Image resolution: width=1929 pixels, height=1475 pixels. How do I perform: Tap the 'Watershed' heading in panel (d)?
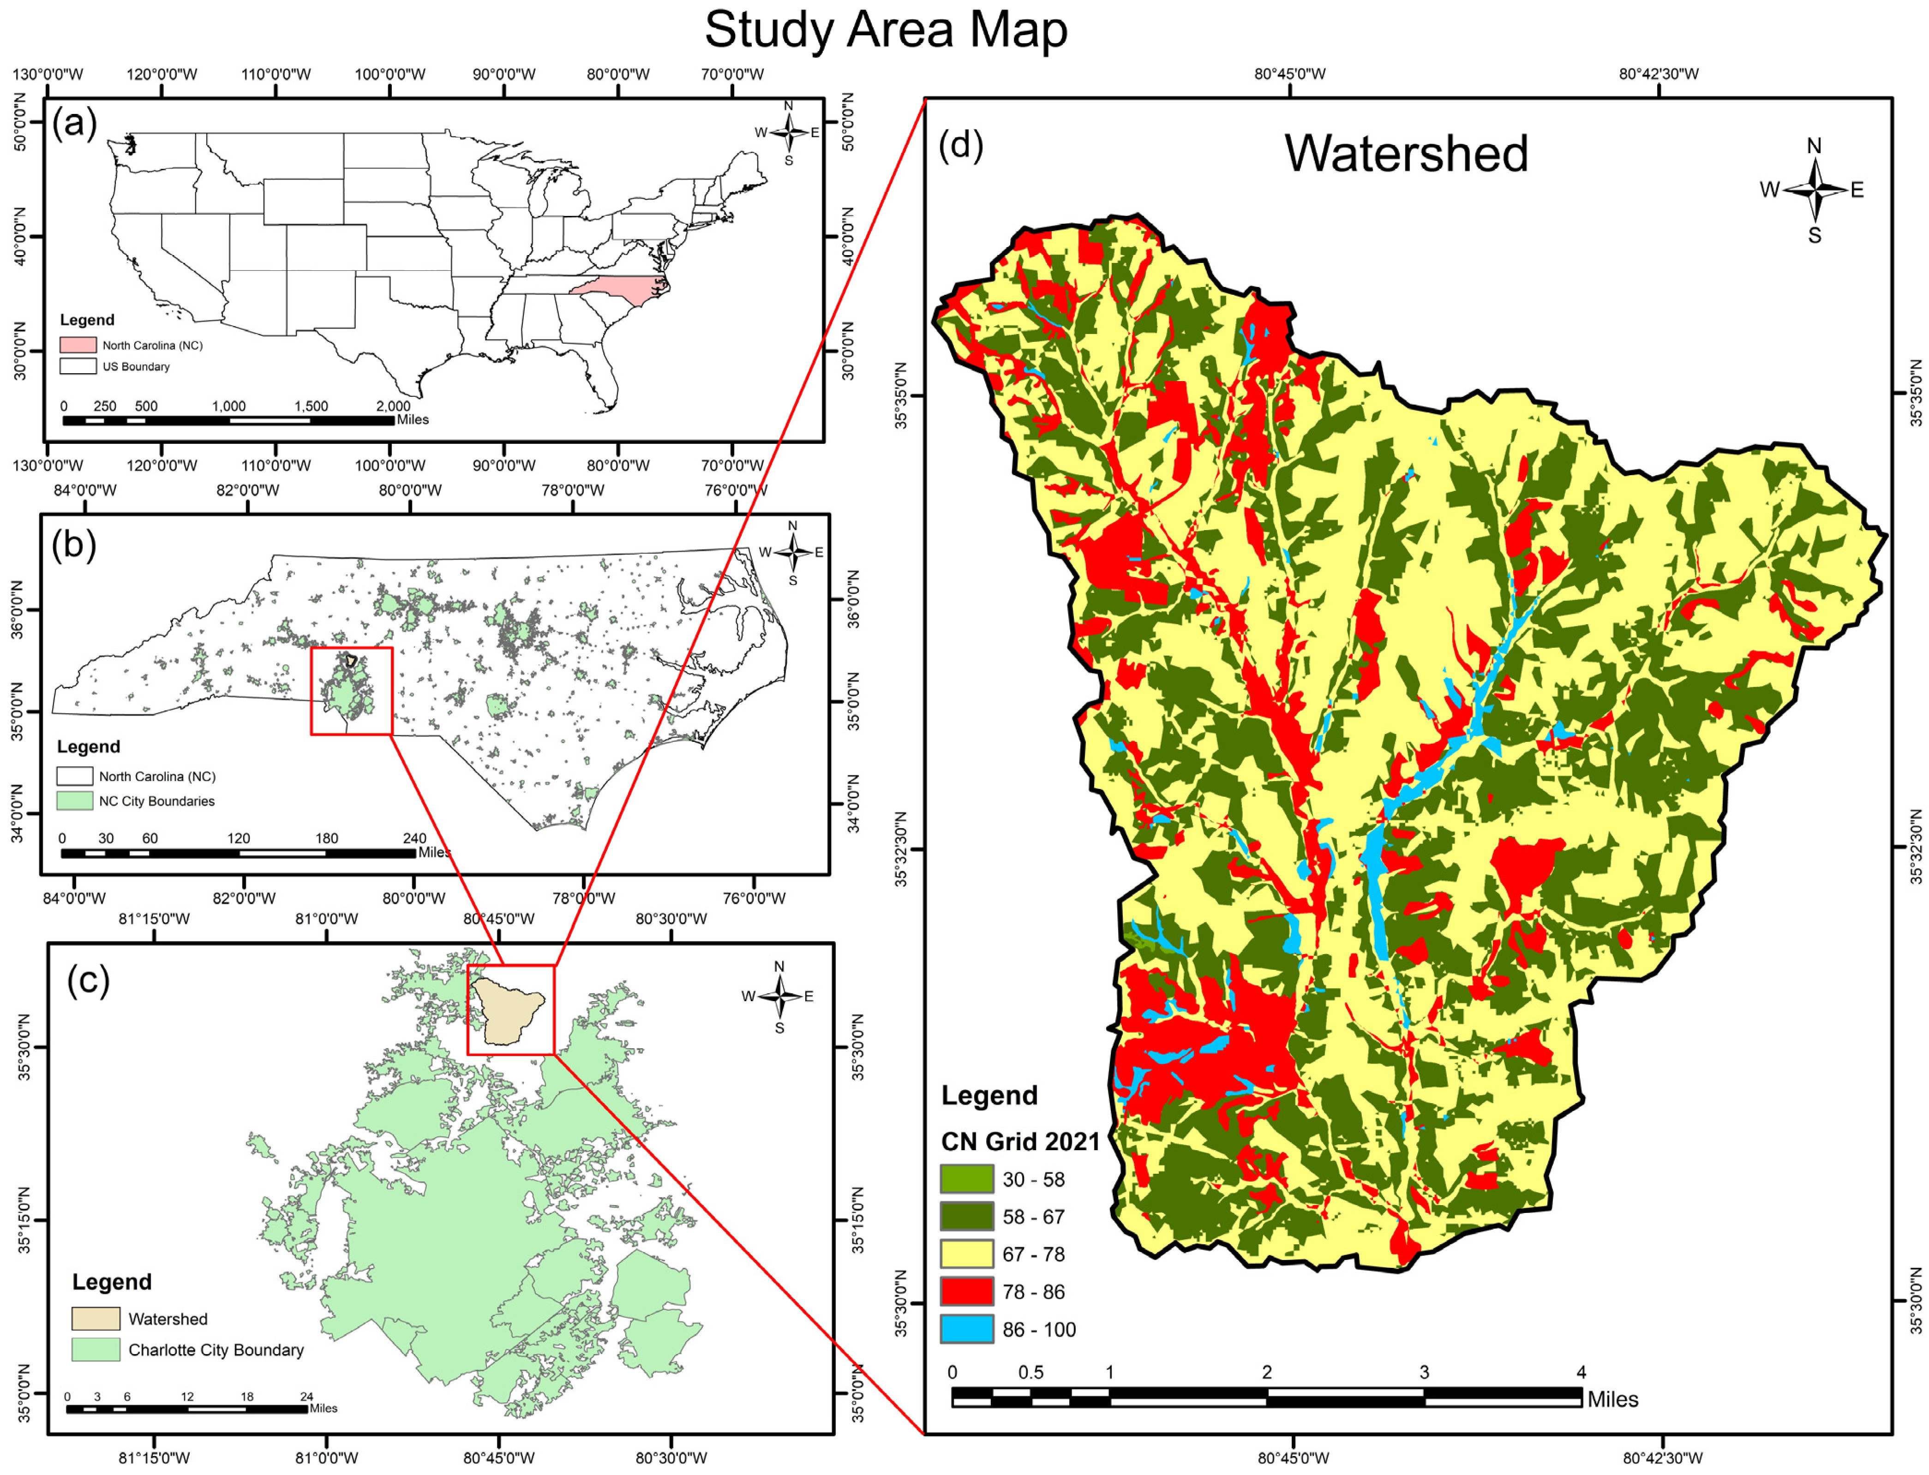click(x=1406, y=155)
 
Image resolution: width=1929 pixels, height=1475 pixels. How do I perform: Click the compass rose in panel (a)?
click(x=789, y=132)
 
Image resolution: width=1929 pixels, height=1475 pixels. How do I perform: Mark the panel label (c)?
click(x=89, y=980)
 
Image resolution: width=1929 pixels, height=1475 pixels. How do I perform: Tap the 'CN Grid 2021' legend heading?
click(x=1020, y=1141)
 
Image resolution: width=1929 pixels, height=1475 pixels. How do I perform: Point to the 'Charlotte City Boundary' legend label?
click(x=216, y=1350)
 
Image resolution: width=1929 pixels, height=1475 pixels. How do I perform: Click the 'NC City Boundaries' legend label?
click(x=156, y=801)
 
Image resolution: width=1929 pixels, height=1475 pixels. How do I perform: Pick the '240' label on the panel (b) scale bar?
click(x=413, y=838)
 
